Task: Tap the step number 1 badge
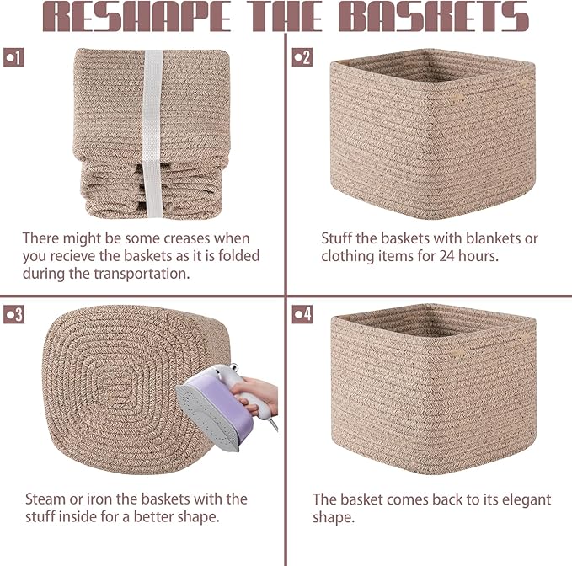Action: [14, 57]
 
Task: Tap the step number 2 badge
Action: [302, 57]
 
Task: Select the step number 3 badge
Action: [14, 315]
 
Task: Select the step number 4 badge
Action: [302, 315]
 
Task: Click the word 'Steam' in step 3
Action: [45, 499]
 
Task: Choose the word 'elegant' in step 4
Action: [527, 499]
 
